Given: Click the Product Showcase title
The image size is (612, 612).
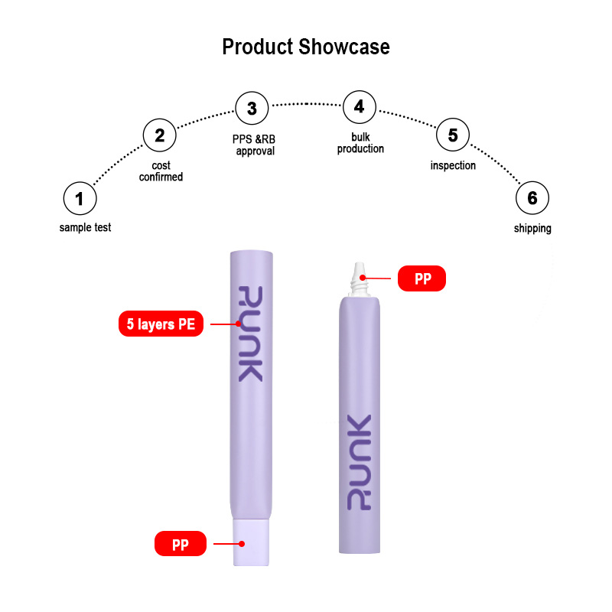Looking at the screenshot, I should point(306,47).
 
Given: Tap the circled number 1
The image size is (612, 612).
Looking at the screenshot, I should point(80,199).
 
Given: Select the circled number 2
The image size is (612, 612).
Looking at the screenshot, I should point(160,136).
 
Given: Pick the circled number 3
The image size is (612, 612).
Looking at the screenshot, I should point(252,109).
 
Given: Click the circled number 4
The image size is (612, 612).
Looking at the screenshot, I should point(359,106).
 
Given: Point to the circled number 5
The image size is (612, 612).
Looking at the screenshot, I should point(453,135).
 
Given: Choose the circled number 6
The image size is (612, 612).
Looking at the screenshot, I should point(532,199).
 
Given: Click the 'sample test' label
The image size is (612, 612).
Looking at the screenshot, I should point(85,227).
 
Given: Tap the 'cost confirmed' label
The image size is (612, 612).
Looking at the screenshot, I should point(161,171).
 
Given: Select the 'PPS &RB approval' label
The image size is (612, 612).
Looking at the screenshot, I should point(254,145).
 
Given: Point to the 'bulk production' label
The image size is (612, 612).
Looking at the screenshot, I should point(360,143).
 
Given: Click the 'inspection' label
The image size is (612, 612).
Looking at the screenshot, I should point(453,165).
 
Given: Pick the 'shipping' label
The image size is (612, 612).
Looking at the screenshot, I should point(532,228).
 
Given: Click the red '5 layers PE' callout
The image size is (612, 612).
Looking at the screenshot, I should point(161,324).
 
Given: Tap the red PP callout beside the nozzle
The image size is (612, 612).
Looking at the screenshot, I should point(422,278).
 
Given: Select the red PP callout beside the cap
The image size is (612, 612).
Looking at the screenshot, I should point(181,544).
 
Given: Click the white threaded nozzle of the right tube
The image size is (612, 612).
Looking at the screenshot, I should point(357,278).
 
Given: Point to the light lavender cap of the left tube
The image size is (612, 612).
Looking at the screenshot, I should point(251,542).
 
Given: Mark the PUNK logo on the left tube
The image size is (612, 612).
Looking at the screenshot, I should point(251,334).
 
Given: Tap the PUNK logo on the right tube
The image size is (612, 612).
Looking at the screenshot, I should point(357,463).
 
